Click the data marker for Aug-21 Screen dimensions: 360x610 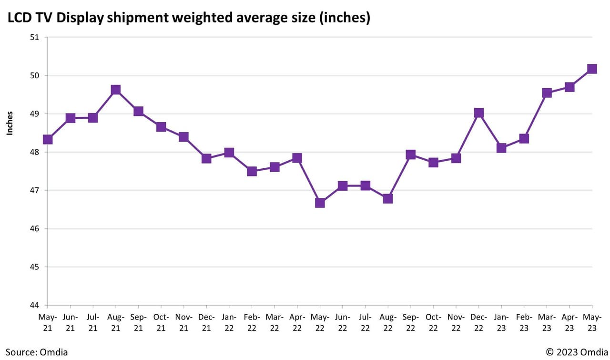pos(115,90)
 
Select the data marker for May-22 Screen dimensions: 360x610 pos(320,203)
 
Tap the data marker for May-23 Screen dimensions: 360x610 pos(592,69)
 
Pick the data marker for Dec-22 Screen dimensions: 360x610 pos(478,113)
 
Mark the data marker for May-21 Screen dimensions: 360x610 pos(48,139)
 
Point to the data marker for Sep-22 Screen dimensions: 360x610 pos(410,154)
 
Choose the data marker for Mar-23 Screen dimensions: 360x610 pos(547,93)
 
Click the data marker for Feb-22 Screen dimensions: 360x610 pos(252,171)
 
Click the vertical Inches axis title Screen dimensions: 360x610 pos(10,123)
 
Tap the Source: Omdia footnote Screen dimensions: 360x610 pos(37,352)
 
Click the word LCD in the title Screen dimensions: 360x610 pos(18,18)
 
